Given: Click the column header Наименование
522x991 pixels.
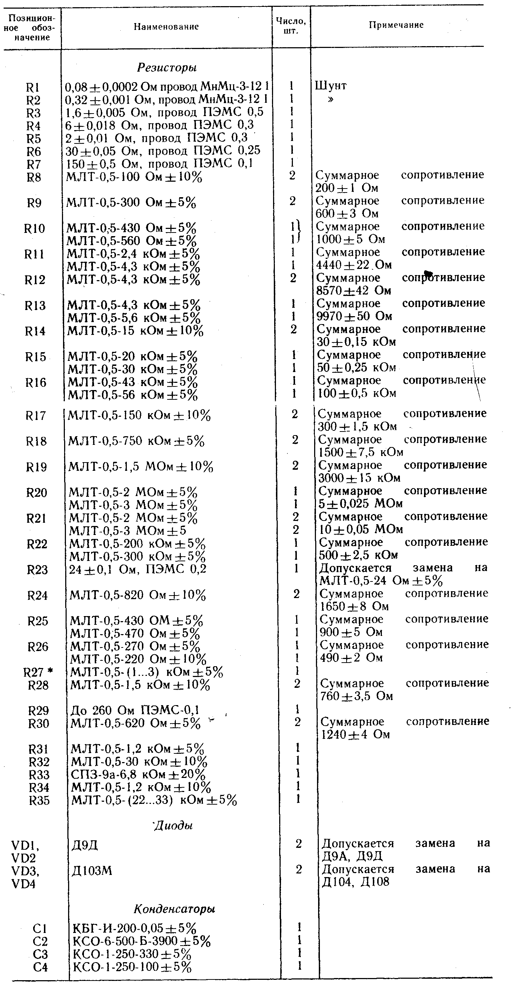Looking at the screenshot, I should (166, 27).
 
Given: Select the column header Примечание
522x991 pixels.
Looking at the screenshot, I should (396, 25).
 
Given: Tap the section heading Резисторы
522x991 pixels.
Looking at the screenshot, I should (167, 68).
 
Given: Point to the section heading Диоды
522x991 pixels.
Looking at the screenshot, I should (173, 825).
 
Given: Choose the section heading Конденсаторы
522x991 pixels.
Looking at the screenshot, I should (174, 909).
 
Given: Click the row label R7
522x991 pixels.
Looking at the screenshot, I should (34, 164).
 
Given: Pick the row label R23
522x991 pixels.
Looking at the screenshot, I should (37, 569).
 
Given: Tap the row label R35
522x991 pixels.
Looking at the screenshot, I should (39, 800).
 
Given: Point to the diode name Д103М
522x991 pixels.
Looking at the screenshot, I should (92, 870).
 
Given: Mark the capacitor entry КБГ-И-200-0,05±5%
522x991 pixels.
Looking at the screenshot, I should (134, 928).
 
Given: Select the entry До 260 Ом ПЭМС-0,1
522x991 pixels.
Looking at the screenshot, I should (135, 710).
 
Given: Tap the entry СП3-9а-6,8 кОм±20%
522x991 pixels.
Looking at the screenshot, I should (138, 774).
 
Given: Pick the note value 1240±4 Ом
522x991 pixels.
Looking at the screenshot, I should (356, 734).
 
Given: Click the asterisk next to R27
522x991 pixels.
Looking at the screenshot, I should (50, 671).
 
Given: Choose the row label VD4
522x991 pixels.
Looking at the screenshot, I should (24, 884).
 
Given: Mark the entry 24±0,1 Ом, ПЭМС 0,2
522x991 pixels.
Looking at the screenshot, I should (138, 569).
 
